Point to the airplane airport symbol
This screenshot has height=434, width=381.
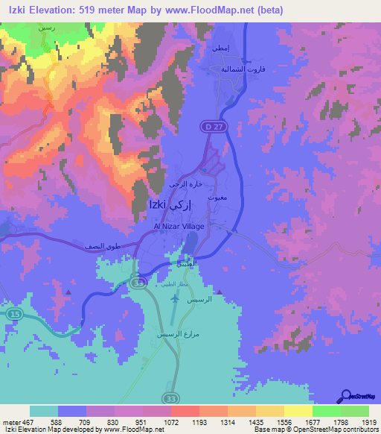(x=175, y=298)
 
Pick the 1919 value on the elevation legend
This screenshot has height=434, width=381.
(x=369, y=421)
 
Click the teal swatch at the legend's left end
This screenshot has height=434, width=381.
(x=44, y=411)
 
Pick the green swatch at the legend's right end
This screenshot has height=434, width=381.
(x=354, y=411)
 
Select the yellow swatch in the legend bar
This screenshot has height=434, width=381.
(x=298, y=411)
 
